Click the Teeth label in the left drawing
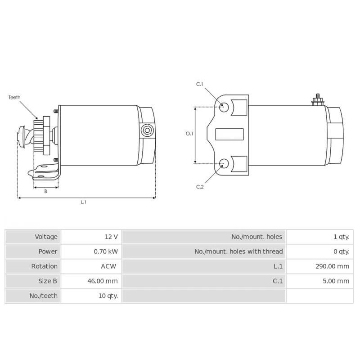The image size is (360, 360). coord(14,97)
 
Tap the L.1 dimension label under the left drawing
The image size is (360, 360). coord(83,202)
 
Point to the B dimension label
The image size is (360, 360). coord(45,191)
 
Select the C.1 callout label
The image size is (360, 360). coord(200,84)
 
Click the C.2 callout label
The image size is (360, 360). coord(200,187)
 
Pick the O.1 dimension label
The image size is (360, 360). coord(189,134)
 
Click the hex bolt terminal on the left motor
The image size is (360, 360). coord(146,131)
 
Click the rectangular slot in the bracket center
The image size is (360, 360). coord(229,134)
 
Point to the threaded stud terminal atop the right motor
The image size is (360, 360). coord(318,99)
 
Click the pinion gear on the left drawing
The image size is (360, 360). coord(45,135)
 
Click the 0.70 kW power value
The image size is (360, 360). coord(106,252)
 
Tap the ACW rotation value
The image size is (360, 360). coord(108,266)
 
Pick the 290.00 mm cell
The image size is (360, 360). coord(332,266)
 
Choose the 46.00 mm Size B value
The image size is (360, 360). coord(103,281)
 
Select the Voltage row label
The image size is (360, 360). coord(46,237)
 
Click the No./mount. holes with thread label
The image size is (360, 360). coord(238,252)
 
